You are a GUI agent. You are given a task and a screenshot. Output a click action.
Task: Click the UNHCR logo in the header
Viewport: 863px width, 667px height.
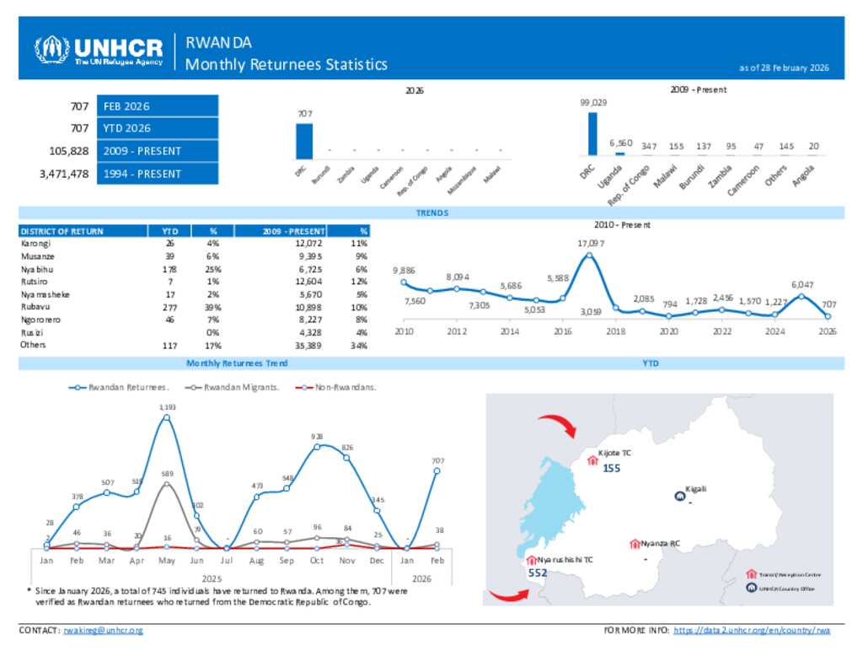pyautogui.click(x=98, y=51)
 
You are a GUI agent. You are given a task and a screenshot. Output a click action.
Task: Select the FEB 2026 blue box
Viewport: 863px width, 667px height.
pyautogui.click(x=158, y=106)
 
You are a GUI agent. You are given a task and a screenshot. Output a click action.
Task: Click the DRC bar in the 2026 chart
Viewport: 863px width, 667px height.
pyautogui.click(x=304, y=141)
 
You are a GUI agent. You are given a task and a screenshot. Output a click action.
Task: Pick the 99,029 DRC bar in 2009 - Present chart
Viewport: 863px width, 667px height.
pyautogui.click(x=592, y=134)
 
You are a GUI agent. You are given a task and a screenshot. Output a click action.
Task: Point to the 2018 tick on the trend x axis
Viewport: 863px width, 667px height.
pyautogui.click(x=616, y=332)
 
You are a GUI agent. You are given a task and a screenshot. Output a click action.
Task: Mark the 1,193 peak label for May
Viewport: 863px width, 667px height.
pyautogui.click(x=168, y=407)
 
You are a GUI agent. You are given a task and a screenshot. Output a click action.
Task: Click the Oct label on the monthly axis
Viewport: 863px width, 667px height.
pyautogui.click(x=317, y=560)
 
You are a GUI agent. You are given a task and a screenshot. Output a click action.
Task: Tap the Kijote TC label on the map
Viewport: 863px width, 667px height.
pyautogui.click(x=614, y=453)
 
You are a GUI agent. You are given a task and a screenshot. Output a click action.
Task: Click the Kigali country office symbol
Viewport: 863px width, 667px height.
pyautogui.click(x=679, y=496)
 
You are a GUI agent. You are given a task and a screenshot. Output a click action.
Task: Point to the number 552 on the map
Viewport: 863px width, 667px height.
pyautogui.click(x=539, y=572)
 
